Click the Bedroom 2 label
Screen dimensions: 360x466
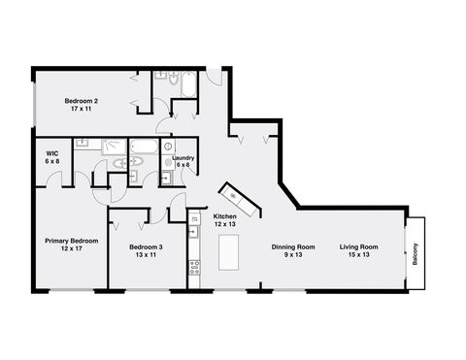81,101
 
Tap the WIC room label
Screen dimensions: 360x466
51,153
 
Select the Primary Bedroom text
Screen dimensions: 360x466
71,240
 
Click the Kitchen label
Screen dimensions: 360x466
225,216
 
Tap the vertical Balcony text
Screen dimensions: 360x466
416,253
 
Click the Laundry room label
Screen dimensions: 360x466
183,158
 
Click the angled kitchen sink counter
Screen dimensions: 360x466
239,200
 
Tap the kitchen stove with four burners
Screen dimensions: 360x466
194,263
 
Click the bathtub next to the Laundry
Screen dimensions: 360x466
144,150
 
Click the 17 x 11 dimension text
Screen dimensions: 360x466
81,109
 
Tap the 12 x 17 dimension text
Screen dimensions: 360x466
71,248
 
